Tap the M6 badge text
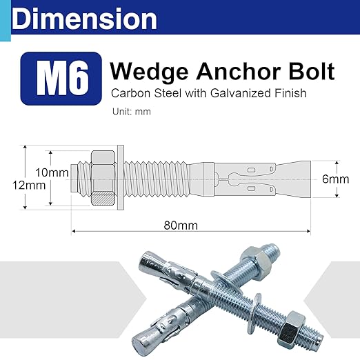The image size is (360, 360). [x=63, y=79]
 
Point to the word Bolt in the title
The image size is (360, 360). [x=310, y=71]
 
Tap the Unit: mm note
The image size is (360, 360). [x=130, y=110]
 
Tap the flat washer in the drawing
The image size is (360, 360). [x=121, y=177]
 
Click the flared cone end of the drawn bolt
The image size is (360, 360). [x=300, y=177]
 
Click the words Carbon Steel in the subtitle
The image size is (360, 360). [x=135, y=92]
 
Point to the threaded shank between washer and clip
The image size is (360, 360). [x=159, y=177]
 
